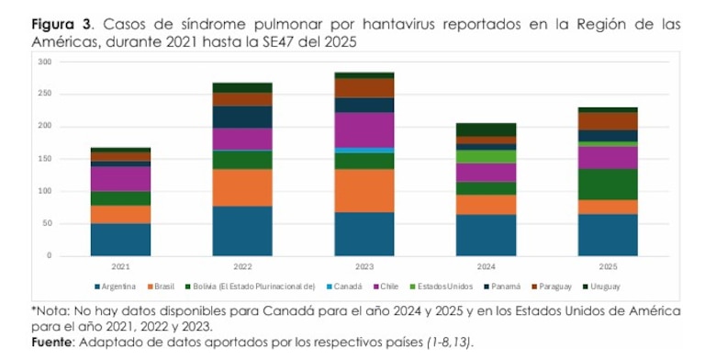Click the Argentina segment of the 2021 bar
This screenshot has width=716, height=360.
coord(121,239)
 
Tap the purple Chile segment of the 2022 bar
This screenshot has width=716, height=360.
coord(242,139)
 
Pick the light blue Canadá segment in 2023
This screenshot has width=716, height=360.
coord(364,150)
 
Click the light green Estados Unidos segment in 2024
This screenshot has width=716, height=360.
coord(486,156)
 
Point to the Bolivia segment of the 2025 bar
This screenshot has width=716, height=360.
coord(608,184)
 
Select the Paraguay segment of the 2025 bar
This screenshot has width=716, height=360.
coord(608,120)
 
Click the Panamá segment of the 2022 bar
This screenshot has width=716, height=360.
coord(242,117)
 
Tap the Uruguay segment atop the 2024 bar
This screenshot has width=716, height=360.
coord(486,129)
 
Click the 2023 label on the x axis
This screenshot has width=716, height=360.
coord(364,265)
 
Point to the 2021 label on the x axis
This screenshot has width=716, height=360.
coord(121,265)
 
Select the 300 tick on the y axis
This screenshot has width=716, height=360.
coord(43,62)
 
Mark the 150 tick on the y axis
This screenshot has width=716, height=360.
coord(43,159)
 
